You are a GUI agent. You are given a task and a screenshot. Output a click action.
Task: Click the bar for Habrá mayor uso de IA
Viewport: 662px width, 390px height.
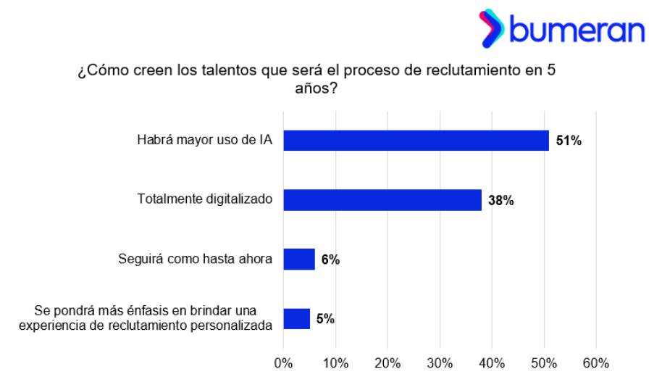pos(416,140)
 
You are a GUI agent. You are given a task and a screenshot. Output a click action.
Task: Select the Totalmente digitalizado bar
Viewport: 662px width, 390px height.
pos(382,200)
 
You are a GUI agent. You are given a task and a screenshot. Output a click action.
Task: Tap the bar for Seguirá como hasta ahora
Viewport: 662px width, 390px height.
pos(299,259)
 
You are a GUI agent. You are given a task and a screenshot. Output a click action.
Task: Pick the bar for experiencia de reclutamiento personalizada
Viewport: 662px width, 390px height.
pos(297,318)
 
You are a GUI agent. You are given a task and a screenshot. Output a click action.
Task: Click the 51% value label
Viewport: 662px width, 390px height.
pos(569,141)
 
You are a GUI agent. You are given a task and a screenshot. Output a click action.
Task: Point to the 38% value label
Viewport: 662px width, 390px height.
pos(500,201)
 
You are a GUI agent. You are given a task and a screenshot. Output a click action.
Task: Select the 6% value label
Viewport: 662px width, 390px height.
pos(330,260)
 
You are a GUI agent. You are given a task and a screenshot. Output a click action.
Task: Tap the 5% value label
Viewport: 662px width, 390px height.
pos(325,319)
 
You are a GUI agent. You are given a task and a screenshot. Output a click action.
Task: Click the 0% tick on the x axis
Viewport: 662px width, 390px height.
pos(283,362)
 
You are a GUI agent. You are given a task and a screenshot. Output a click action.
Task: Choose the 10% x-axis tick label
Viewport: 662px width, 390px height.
pos(335,362)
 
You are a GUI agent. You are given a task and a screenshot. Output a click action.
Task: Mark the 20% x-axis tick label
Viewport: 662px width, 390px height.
pos(387,362)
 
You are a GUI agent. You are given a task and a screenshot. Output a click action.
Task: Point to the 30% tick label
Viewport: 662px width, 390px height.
pos(440,362)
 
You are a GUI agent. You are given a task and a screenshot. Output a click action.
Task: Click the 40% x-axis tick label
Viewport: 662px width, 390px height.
pos(492,362)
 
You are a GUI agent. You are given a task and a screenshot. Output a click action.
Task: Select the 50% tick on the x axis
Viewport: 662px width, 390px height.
pos(544,362)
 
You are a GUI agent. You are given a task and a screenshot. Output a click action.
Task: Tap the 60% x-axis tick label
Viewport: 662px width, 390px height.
pos(596,362)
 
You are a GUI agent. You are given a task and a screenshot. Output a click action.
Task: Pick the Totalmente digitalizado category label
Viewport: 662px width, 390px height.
pos(205,199)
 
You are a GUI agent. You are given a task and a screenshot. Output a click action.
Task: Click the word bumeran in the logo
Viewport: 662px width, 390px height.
pos(577,30)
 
